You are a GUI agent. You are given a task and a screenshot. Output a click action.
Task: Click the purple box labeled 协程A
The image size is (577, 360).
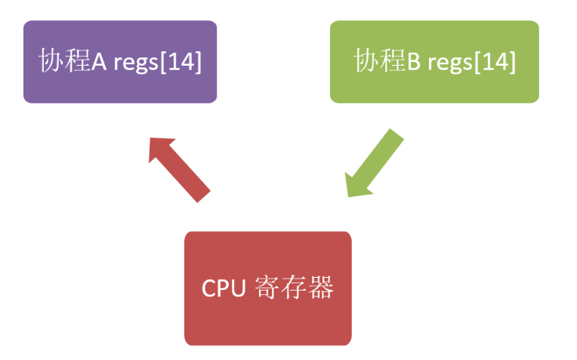click(x=120, y=62)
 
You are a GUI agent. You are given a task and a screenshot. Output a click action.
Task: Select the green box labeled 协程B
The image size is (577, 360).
click(x=434, y=62)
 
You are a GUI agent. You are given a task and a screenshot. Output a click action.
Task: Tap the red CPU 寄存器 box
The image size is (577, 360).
click(x=267, y=288)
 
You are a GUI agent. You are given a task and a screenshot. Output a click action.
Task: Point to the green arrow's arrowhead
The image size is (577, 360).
click(x=355, y=186)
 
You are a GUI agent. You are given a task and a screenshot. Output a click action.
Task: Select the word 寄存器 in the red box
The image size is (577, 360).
click(x=295, y=288)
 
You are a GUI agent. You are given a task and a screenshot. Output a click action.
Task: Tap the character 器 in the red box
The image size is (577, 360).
click(x=321, y=288)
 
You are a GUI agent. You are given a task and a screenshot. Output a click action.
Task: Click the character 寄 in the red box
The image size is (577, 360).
click(x=268, y=288)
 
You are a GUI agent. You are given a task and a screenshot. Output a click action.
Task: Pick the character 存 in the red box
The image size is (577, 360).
click(x=295, y=288)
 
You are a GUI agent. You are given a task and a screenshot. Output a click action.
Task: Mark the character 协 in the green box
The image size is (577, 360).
click(x=368, y=62)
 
